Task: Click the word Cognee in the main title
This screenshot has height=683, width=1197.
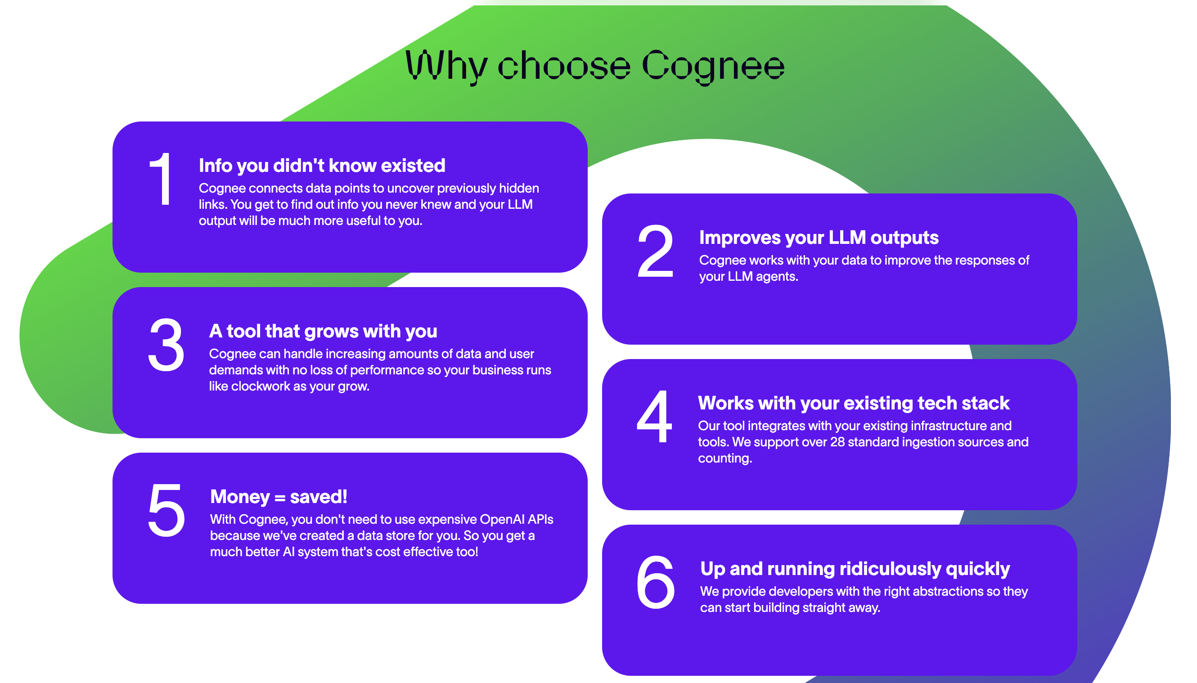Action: click(x=712, y=67)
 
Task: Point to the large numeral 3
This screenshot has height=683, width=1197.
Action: click(x=166, y=344)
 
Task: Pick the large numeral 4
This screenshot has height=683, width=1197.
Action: click(x=654, y=416)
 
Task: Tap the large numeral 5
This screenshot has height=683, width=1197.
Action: click(x=166, y=510)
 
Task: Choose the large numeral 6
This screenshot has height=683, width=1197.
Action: click(x=655, y=582)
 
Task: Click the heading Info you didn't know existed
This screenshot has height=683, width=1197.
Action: click(x=322, y=166)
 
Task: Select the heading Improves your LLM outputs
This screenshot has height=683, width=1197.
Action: click(x=819, y=238)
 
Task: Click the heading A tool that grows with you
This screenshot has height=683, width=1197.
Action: click(x=323, y=332)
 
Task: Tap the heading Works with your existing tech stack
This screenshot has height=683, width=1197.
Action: click(x=854, y=404)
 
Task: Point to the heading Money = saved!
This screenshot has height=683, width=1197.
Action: click(x=279, y=497)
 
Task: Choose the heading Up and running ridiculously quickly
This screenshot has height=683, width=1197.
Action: click(x=855, y=569)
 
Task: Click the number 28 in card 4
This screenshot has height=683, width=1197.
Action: click(x=838, y=442)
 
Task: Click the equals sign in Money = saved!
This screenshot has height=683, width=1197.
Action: click(x=280, y=498)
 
